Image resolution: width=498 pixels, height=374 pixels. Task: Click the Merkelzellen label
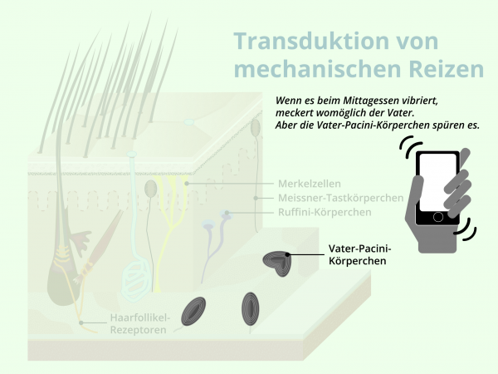tap(309, 184)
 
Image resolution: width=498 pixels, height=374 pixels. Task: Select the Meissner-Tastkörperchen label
tap(340, 199)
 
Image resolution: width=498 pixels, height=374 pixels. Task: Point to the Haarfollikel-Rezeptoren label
tap(138, 323)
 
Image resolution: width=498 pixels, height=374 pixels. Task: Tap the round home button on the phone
tap(438, 217)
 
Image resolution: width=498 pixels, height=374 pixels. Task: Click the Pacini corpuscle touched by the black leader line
tap(276, 263)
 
